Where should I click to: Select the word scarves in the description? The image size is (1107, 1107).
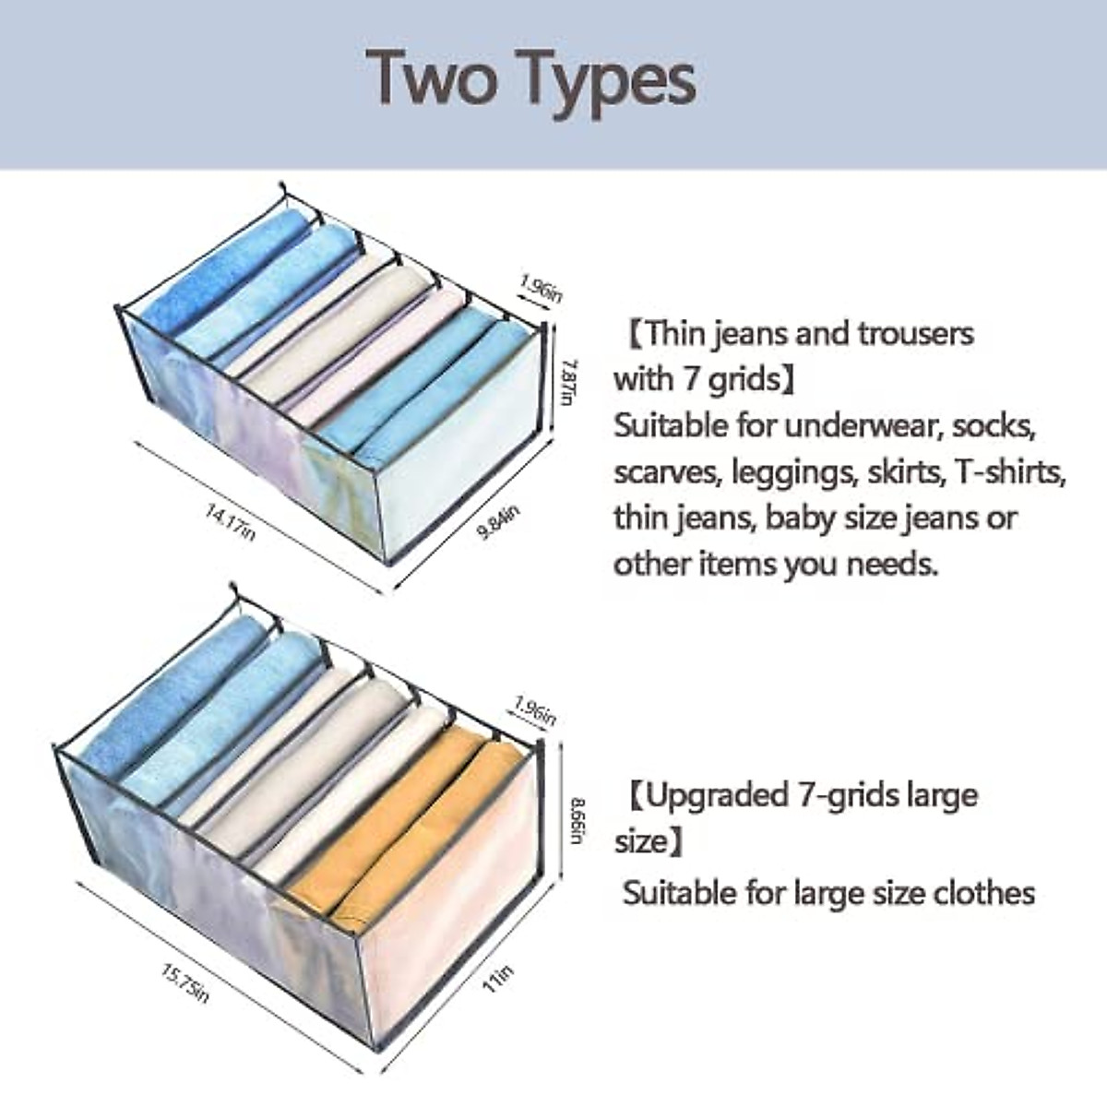668,472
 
